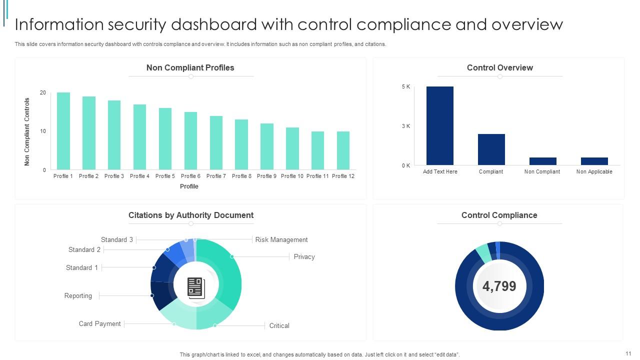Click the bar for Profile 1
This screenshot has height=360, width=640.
coord(63,131)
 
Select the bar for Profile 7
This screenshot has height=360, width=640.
coord(216,142)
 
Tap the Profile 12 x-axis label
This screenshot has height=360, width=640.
coord(343,176)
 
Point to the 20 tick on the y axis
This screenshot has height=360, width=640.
coord(43,93)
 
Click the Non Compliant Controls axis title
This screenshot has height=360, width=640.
coord(27,131)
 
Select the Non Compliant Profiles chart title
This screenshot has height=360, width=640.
coord(190,67)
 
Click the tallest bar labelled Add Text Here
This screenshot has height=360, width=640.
coord(440,125)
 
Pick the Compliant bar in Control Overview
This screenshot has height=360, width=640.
coord(491,149)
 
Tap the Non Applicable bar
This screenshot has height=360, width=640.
coord(594,161)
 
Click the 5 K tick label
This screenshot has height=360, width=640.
coord(405,87)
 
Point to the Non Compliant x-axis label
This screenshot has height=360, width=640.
coord(542,171)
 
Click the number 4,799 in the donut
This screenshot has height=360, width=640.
coord(499,286)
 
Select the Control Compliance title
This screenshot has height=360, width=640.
coord(499,215)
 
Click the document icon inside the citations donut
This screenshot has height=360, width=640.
coord(196,287)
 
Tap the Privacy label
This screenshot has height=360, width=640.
coord(304,256)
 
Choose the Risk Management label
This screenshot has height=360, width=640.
coord(281,239)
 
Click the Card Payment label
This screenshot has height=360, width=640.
coord(99,323)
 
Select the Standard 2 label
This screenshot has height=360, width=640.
coord(84,249)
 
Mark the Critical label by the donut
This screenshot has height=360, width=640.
coord(279,325)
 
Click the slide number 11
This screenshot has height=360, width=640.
coord(628,353)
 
